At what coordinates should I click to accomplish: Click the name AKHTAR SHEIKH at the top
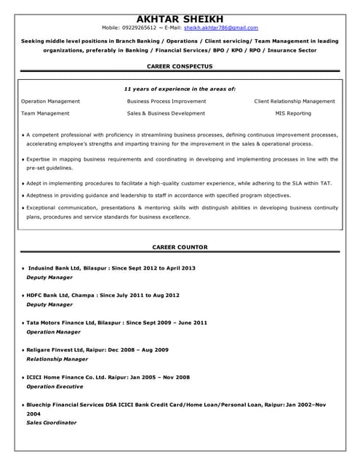pyautogui.click(x=180, y=18)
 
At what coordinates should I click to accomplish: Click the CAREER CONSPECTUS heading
pyautogui.click(x=180, y=65)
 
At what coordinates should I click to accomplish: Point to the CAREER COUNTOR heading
pyautogui.click(x=180, y=247)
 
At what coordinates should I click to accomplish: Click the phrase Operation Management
pyautogui.click(x=50, y=101)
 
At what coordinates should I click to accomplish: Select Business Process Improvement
pyautogui.click(x=167, y=101)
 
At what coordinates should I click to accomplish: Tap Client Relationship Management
pyautogui.click(x=295, y=101)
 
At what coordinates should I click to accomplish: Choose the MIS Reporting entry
pyautogui.click(x=293, y=113)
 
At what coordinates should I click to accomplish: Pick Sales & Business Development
pyautogui.click(x=166, y=113)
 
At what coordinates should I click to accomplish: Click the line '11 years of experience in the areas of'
pyautogui.click(x=180, y=89)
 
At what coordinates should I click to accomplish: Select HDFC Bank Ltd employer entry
pyautogui.click(x=47, y=295)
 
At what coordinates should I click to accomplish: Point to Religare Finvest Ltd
pyautogui.click(x=55, y=349)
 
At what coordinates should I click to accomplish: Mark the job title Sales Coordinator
pyautogui.click(x=51, y=422)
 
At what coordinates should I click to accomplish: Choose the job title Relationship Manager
pyautogui.click(x=57, y=359)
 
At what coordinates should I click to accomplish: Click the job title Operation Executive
pyautogui.click(x=55, y=387)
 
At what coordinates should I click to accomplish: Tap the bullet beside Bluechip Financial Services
pyautogui.click(x=23, y=405)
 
